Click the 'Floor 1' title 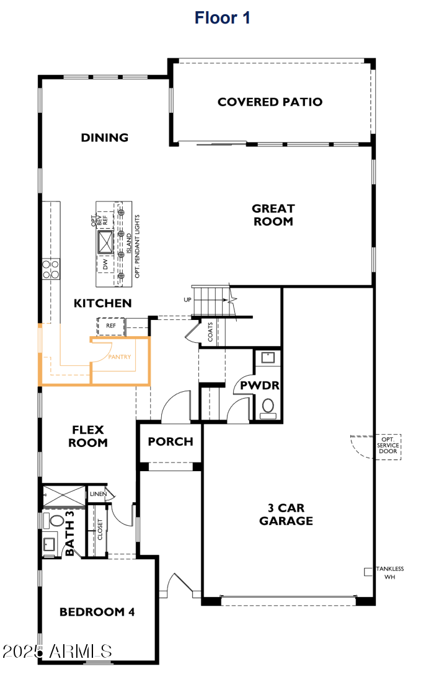tap(222, 18)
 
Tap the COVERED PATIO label tap(270, 102)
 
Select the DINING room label tap(104, 138)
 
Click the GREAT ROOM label tap(273, 215)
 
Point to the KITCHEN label tap(102, 303)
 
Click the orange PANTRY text tap(119, 357)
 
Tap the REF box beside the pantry tap(111, 325)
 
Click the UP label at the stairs tap(187, 299)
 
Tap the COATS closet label tap(211, 333)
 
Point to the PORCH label tap(171, 442)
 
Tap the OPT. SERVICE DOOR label tap(389, 446)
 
